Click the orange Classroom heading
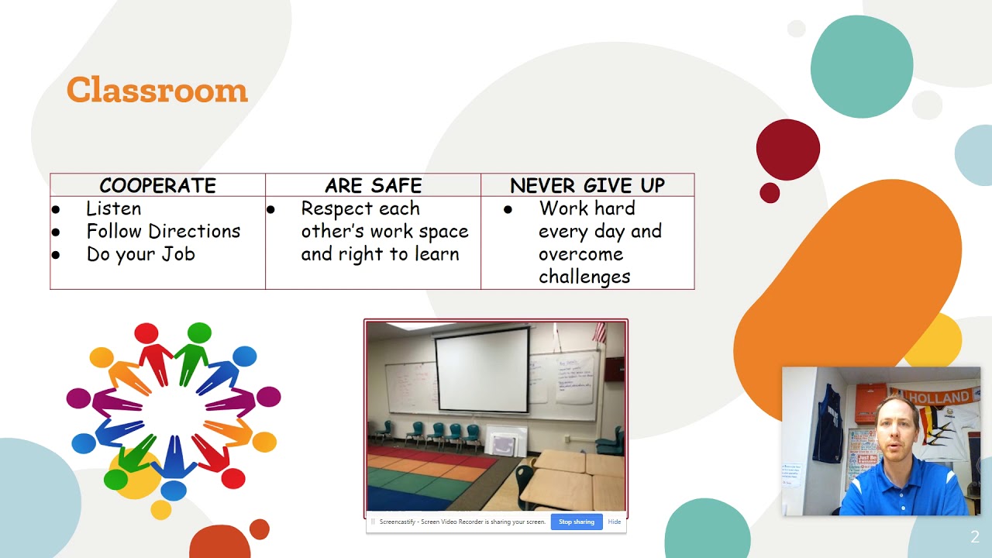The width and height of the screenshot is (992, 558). pos(157,91)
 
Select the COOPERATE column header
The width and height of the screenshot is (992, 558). pos(157,186)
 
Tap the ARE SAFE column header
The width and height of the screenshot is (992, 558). pos(373,186)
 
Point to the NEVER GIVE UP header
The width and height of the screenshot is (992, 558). pos(587,186)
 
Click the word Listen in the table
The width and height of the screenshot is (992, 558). pos(113,208)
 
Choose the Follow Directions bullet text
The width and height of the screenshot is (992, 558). pos(163,231)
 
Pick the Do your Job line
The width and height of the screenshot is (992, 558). pos(140,254)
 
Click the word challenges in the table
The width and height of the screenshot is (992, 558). pos(584,277)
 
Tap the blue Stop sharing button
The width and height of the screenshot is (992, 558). pos(576,522)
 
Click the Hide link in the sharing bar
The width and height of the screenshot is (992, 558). pos(614,522)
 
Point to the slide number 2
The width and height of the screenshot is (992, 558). pos(975,537)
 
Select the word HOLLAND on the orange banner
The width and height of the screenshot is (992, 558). pos(939,398)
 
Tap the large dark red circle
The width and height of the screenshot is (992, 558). pos(787,150)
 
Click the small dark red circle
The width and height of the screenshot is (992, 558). pos(770,193)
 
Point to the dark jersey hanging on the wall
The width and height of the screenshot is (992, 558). pos(828,423)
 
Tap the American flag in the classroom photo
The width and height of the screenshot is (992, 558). pos(598,332)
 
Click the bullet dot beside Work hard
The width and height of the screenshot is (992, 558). pos(508,209)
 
